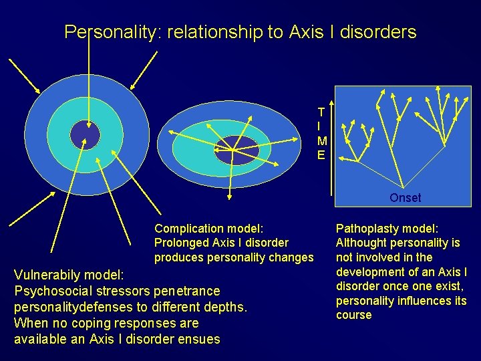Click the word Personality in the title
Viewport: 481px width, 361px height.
point(110,32)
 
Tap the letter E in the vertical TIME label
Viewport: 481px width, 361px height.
point(321,154)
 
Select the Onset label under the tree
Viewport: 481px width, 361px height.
point(405,198)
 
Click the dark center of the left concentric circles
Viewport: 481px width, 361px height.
point(85,135)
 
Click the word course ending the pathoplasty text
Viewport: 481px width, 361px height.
point(353,315)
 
